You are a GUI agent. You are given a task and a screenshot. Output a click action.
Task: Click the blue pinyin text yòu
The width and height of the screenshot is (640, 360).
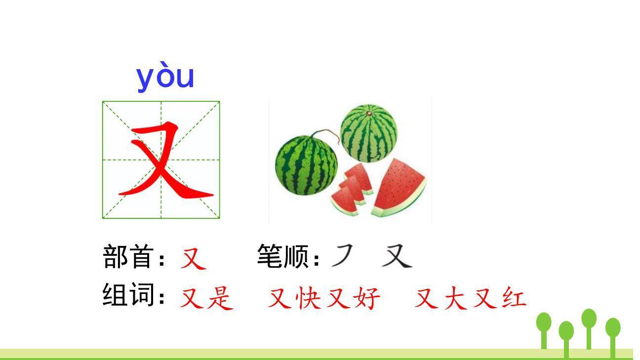point(165,78)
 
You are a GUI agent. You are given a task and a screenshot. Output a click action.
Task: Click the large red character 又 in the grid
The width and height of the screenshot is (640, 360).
point(163,160)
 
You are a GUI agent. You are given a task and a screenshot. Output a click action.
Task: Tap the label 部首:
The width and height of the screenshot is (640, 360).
point(133,257)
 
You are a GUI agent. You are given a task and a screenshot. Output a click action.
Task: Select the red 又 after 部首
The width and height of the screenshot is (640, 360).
point(193,258)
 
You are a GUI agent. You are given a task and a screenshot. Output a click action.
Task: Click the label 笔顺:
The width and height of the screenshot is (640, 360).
point(288,257)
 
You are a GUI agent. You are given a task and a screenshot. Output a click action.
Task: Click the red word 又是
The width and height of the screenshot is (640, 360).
point(206,298)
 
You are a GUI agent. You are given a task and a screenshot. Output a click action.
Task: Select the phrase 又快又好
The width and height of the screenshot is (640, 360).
point(324,298)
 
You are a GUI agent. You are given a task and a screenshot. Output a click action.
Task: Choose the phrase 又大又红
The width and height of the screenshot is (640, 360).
point(470,298)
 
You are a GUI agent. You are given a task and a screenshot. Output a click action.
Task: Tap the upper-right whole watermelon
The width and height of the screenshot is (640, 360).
point(368,132)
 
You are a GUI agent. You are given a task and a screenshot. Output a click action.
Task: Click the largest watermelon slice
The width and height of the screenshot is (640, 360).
point(400,188)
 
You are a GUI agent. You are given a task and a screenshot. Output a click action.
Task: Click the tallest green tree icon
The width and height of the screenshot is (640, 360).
point(589,326)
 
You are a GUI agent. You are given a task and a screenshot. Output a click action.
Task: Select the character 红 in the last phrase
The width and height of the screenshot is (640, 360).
point(514,298)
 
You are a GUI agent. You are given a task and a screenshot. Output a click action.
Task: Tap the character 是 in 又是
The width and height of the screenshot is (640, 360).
point(220,298)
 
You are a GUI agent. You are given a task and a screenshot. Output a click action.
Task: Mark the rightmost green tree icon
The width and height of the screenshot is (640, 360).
point(613,333)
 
